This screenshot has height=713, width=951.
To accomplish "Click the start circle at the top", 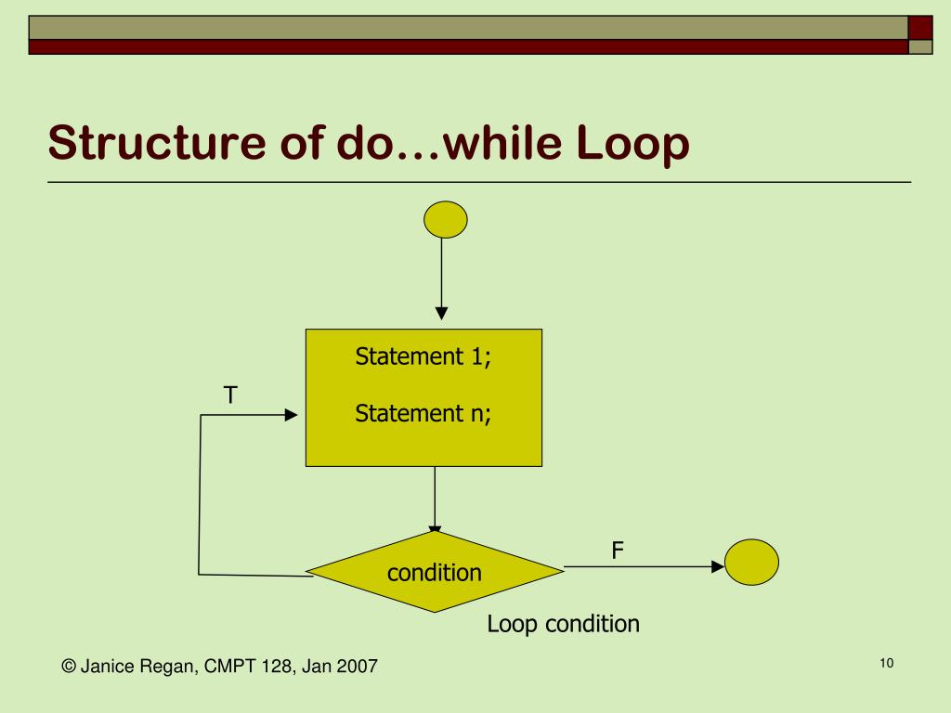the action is [445, 220].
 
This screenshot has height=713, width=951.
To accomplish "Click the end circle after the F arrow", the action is [750, 562].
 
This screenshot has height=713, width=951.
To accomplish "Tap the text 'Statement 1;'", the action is [423, 356].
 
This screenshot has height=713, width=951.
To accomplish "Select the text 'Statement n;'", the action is [423, 413].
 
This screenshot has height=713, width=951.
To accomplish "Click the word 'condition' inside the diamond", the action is [435, 573].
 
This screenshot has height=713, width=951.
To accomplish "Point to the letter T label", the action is [229, 395].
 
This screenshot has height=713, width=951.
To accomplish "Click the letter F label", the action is [617, 551].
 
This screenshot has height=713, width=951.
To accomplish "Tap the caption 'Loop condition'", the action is [563, 624].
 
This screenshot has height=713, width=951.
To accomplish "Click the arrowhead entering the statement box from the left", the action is [291, 415].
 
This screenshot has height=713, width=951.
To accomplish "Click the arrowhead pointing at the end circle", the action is [717, 565].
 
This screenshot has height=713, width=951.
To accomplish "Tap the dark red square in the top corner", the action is [919, 27].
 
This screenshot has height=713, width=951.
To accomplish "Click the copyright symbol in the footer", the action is [68, 666].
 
